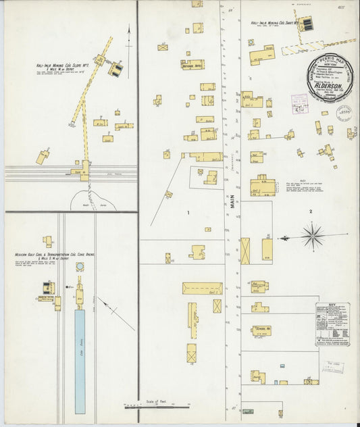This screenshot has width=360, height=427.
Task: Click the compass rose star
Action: [x=313, y=236]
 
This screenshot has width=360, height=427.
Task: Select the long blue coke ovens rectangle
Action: [x=80, y=361]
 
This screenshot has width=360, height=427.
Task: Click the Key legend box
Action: [x=332, y=324]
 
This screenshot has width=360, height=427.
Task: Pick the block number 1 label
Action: [x=188, y=214]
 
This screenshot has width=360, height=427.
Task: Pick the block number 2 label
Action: [x=311, y=212]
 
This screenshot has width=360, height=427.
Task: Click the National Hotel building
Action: [x=192, y=65]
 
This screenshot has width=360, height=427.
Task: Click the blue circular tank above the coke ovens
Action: [x=80, y=267]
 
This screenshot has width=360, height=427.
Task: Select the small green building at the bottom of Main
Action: [x=248, y=411]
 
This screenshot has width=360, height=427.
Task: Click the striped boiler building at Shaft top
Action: [x=306, y=24]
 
